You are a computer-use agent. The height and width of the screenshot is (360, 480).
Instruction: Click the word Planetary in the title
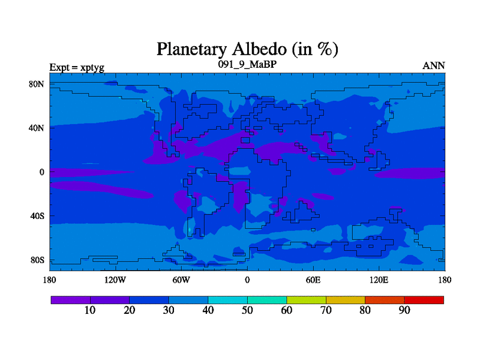tap(192, 50)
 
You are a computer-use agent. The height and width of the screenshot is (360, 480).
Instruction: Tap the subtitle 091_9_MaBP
tap(247, 64)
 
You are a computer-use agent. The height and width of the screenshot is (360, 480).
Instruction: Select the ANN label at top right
tap(433, 66)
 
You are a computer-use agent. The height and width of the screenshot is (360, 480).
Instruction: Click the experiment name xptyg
tap(92, 68)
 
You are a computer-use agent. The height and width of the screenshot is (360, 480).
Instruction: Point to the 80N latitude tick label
tap(37, 84)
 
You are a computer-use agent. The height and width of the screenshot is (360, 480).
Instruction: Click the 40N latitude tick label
tap(37, 128)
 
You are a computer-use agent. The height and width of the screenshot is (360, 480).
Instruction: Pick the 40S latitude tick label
tap(37, 216)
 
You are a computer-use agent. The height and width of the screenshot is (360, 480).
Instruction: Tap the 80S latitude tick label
tap(37, 260)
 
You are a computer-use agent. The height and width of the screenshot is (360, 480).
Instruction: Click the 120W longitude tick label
tap(115, 280)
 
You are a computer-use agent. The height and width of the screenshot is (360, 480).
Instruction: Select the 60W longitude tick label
tap(181, 280)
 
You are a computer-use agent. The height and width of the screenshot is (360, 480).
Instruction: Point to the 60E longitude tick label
tap(313, 280)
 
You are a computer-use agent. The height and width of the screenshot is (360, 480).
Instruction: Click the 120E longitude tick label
tap(379, 280)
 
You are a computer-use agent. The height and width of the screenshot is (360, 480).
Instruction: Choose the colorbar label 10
tap(90, 310)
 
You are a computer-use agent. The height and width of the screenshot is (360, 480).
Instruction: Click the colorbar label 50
tap(247, 310)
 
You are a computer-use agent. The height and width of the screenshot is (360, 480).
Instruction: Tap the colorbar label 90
tap(404, 310)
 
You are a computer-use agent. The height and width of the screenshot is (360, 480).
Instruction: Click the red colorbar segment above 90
tap(424, 300)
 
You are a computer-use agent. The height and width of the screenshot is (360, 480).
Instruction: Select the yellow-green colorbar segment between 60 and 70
tap(306, 300)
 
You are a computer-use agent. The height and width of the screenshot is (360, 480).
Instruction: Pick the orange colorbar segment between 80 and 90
tap(385, 300)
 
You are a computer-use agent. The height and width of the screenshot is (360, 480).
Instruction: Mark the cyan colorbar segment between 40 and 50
tap(228, 300)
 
